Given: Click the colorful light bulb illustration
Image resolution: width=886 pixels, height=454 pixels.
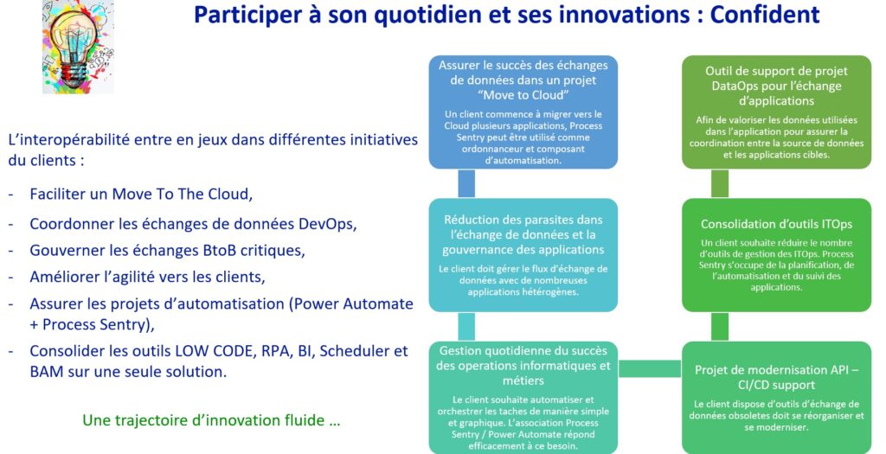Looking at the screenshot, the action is click(79, 47).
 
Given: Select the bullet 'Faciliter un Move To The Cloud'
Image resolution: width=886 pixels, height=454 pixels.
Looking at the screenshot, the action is click(141, 194).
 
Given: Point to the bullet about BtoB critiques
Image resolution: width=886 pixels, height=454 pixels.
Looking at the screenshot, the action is click(167, 250).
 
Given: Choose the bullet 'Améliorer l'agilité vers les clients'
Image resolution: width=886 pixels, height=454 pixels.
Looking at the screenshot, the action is click(147, 277).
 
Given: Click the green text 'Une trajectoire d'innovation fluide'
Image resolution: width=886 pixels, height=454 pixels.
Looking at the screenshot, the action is click(211, 420).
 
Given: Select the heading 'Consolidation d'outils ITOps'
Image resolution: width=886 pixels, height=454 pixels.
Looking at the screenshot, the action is click(776, 224).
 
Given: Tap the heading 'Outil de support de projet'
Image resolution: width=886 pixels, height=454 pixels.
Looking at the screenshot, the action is click(776, 71).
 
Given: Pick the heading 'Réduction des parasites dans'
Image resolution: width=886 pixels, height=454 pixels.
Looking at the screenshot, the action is click(523, 220).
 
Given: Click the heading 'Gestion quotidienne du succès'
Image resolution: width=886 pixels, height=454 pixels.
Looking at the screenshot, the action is click(523, 351).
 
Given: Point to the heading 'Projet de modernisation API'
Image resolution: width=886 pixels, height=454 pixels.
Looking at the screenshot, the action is click(776, 370).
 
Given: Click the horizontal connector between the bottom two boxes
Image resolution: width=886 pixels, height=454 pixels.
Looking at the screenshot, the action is click(650, 368).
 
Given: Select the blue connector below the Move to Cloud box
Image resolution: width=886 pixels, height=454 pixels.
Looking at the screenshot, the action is click(466, 183).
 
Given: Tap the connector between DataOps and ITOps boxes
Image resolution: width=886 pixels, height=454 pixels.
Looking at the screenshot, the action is click(720, 183).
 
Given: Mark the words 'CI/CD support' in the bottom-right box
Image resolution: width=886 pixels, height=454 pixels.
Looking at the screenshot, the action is click(776, 385).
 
